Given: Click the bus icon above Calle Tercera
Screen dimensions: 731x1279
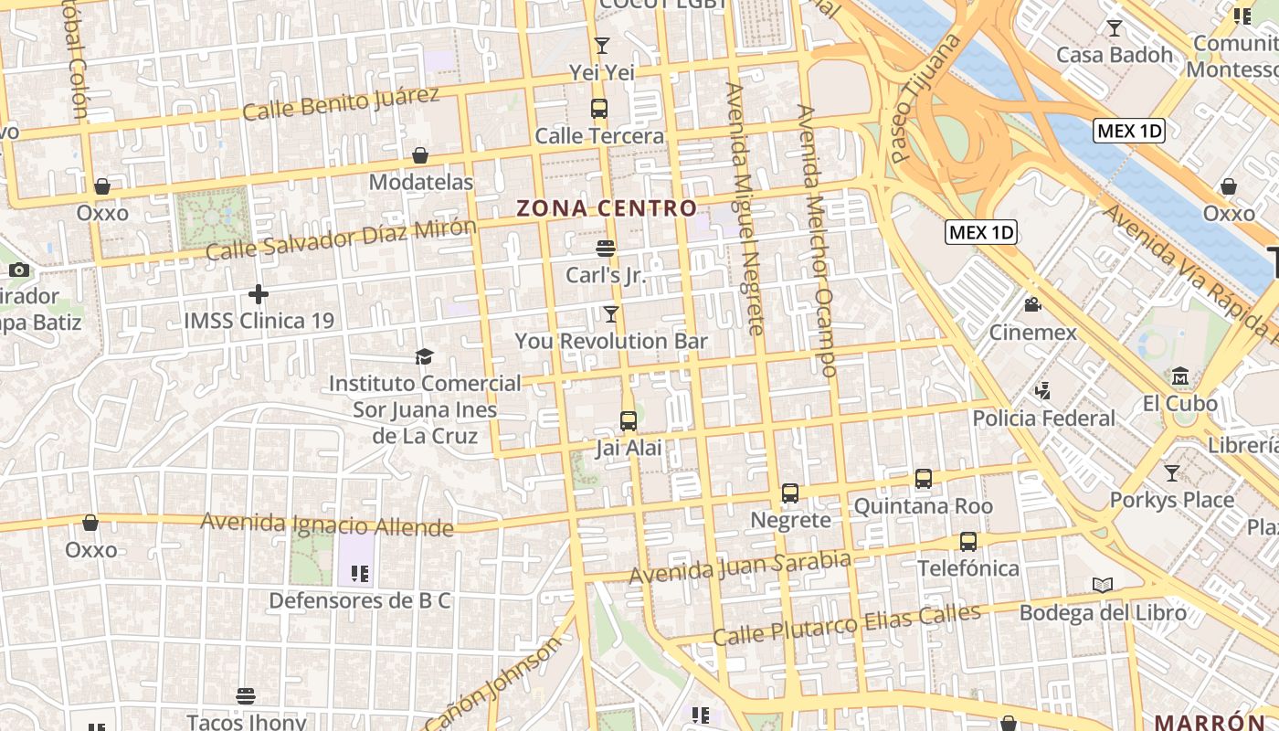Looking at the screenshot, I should click(599, 109).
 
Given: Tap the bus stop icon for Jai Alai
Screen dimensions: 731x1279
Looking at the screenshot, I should click(629, 421).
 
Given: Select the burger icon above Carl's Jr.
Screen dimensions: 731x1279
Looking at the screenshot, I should click(605, 248).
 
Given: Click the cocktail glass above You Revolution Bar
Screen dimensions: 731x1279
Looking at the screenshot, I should click(611, 314).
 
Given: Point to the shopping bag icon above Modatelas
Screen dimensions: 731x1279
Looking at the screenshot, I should click(420, 155).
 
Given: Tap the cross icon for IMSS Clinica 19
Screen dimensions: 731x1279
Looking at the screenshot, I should click(259, 294).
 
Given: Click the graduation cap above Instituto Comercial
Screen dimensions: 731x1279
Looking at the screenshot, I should click(424, 356).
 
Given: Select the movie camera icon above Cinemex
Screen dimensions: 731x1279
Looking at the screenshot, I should click(1033, 305).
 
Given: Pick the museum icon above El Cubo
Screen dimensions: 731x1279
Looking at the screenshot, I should click(1179, 376).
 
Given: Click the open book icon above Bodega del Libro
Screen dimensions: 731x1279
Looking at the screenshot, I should click(1103, 586).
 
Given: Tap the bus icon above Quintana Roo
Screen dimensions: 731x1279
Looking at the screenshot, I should click(924, 479).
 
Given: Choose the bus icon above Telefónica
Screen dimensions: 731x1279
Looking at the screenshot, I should click(968, 542).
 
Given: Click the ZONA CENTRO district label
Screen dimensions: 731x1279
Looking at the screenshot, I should click(607, 208).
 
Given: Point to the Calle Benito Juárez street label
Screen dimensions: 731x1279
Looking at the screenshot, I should click(341, 102).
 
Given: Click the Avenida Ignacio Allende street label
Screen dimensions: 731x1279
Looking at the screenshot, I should click(327, 524).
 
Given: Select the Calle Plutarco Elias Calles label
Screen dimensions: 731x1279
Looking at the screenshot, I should click(847, 624).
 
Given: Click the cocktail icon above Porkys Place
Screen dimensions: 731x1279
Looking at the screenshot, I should click(1171, 473).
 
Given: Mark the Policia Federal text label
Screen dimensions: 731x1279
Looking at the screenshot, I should click(1043, 418).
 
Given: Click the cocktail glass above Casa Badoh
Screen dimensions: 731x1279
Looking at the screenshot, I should click(1114, 28).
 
